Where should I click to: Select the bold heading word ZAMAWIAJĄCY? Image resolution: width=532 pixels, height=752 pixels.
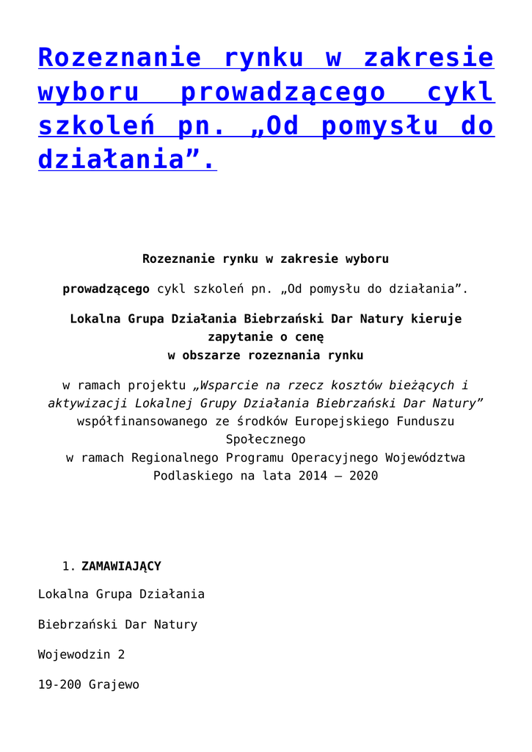pos(121,566)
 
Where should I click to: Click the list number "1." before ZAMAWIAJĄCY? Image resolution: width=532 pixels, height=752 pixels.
pos(69,566)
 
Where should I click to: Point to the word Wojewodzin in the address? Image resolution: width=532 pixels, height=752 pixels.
pos(74,654)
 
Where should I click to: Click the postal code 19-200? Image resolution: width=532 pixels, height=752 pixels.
pos(59,684)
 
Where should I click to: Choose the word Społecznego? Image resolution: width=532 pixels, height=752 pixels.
pos(266,439)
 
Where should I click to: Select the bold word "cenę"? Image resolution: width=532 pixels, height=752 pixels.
pos(309,337)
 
